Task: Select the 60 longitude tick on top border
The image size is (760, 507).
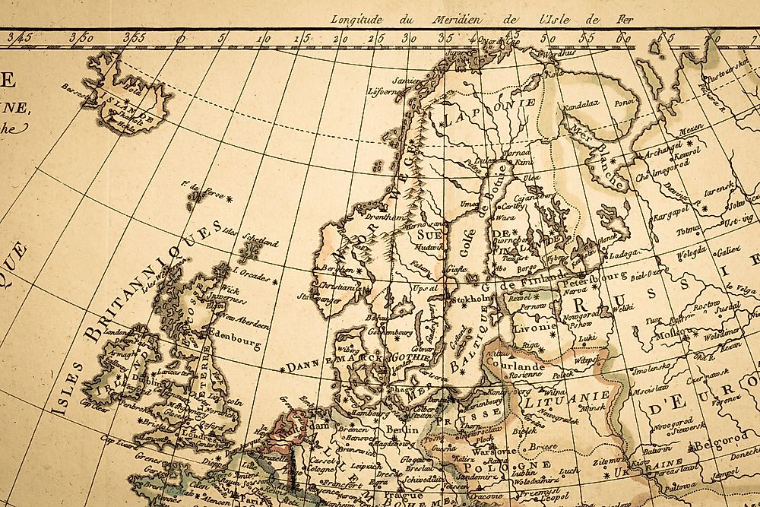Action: (x=622, y=36)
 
